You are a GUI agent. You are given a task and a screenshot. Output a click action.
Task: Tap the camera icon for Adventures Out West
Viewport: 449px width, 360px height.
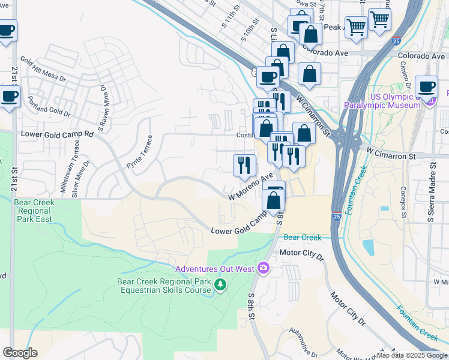pyautogui.click(x=263, y=268)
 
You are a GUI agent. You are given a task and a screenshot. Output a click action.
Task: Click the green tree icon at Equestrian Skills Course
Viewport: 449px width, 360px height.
pyautogui.click(x=220, y=284)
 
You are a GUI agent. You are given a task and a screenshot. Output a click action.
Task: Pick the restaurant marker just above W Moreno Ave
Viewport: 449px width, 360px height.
pyautogui.click(x=244, y=165)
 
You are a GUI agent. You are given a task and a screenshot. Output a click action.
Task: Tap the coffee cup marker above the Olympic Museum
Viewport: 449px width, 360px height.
pyautogui.click(x=426, y=86)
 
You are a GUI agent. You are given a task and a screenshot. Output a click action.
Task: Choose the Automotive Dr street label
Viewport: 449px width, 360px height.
pyautogui.click(x=303, y=340)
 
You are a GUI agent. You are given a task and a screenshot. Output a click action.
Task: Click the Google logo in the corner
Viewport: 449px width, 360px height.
pyautogui.click(x=20, y=353)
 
